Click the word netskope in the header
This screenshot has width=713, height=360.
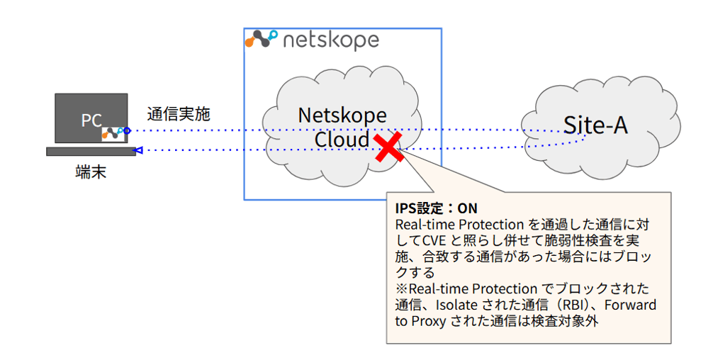[x=331, y=40]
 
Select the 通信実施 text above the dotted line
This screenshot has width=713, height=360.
[x=179, y=113]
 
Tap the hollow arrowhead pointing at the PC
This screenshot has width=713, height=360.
[x=139, y=150]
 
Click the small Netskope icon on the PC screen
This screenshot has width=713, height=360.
[x=112, y=133]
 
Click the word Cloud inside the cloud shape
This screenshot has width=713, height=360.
[x=342, y=140]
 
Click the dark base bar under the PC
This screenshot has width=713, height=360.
[x=91, y=151]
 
